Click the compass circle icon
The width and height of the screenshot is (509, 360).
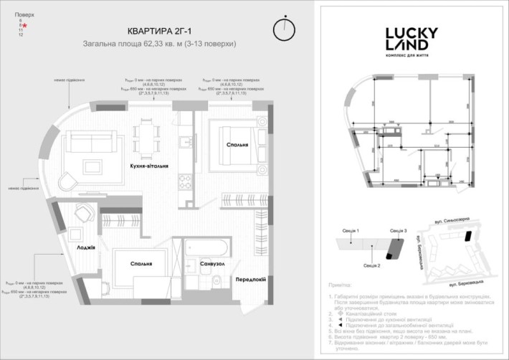click(284, 31)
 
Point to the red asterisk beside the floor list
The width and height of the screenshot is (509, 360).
click(26, 25)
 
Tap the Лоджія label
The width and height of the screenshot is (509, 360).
click(87, 245)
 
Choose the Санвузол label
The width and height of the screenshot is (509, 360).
click(213, 264)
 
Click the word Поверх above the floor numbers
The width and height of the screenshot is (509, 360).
click(24, 14)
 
